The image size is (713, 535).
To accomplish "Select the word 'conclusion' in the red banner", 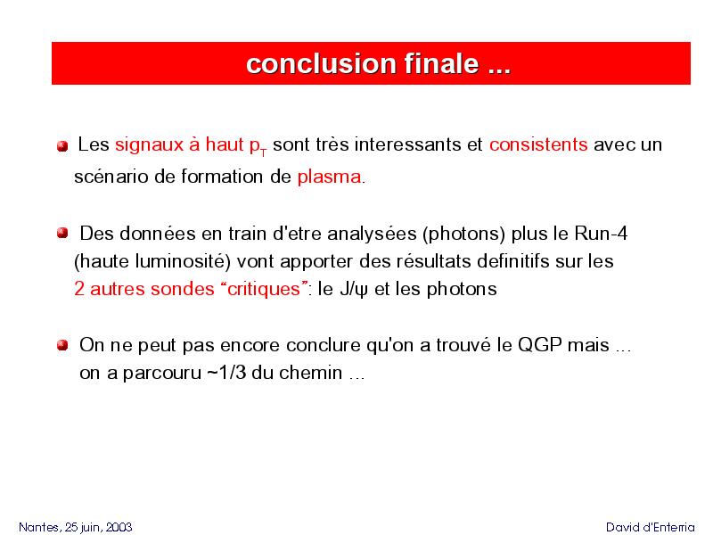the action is (x=322, y=63).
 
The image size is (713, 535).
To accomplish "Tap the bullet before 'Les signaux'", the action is (x=62, y=146).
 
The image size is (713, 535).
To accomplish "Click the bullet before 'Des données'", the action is (x=62, y=234).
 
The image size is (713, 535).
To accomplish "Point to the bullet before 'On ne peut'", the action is (x=62, y=345).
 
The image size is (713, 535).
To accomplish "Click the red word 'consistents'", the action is (x=538, y=144).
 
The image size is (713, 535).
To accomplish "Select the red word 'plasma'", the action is (x=330, y=177).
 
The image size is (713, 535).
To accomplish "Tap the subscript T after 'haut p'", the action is (x=263, y=152).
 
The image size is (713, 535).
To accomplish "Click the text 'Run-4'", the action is (x=601, y=234).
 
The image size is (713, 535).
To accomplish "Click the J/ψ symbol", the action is (x=354, y=289).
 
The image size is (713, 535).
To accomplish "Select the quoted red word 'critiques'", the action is (x=264, y=289).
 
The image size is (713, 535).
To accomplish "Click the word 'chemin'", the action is (x=310, y=373).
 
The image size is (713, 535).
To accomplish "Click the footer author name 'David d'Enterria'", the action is (x=651, y=527).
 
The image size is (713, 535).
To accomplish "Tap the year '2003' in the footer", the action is (x=119, y=527).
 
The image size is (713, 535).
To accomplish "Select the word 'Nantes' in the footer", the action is (x=39, y=527).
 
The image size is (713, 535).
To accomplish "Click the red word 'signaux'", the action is (x=149, y=144).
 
